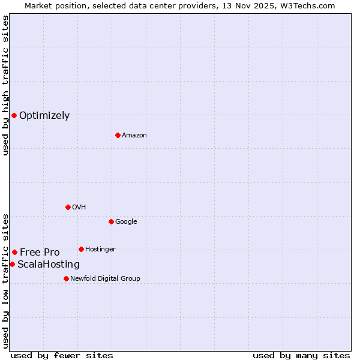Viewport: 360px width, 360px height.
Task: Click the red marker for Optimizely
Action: point(14,115)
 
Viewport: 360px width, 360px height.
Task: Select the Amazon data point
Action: point(118,135)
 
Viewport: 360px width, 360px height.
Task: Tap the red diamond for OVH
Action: point(68,207)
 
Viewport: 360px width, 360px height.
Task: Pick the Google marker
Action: point(111,221)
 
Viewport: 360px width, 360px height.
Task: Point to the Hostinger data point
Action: point(81,249)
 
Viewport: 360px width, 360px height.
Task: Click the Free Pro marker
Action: point(14,252)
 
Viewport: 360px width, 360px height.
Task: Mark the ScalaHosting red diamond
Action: point(12,264)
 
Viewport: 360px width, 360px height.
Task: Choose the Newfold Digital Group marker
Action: point(66,278)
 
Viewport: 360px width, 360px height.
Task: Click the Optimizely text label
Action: point(44,116)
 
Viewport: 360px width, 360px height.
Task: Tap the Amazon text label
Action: point(134,136)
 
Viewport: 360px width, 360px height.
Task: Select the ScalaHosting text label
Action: point(48,265)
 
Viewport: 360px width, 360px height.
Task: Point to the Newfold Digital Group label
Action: point(105,278)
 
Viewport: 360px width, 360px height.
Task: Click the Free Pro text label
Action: point(40,253)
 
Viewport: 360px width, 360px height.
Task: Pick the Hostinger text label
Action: point(100,249)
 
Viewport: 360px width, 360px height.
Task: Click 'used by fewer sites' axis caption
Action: point(62,355)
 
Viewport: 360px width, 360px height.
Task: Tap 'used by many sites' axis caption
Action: point(301,355)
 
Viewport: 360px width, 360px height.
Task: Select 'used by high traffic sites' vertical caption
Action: point(5,85)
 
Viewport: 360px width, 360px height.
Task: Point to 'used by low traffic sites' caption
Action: point(5,280)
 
